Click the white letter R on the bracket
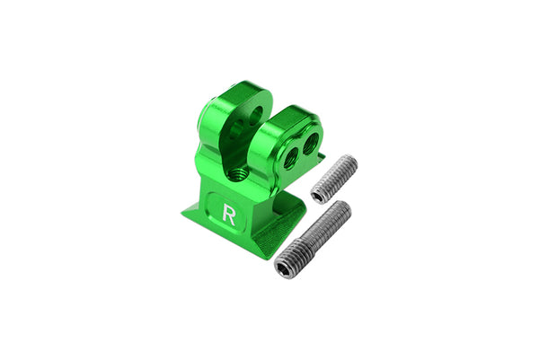tap(228, 215)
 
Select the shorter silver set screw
tap(334, 179)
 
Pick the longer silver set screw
tap(313, 240)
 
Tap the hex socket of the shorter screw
tap(317, 197)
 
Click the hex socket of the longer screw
tap(284, 268)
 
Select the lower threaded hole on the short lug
tap(291, 159)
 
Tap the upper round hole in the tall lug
tap(255, 114)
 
